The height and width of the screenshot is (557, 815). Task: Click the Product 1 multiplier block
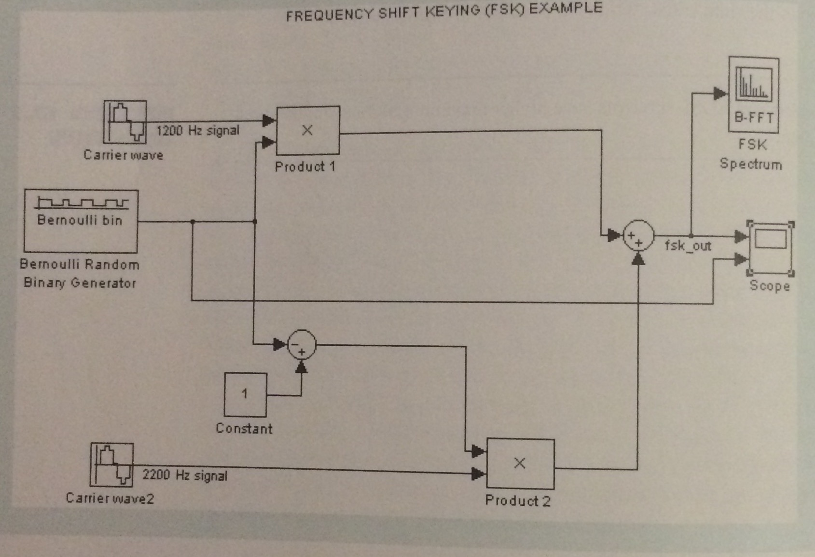click(x=308, y=130)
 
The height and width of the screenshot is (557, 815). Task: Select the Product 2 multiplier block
click(x=520, y=463)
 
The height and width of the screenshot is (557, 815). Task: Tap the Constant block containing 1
click(x=245, y=394)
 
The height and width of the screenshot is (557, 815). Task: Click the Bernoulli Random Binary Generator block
click(x=81, y=221)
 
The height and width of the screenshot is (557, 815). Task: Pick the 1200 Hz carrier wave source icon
click(x=125, y=122)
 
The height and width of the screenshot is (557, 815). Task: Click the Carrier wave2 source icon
click(x=112, y=465)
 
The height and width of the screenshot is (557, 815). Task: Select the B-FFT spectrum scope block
click(x=753, y=95)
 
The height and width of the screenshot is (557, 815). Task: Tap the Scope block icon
click(x=770, y=248)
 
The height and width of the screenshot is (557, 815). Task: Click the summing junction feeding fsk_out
click(x=638, y=236)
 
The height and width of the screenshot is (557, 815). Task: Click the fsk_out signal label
click(x=688, y=246)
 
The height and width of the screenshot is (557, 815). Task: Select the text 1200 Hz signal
click(x=198, y=131)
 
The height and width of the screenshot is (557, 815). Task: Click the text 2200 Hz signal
click(x=185, y=475)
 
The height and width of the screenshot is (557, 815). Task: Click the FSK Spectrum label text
click(x=751, y=154)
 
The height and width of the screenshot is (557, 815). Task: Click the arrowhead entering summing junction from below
click(x=638, y=259)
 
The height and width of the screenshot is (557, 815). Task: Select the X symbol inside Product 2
click(x=520, y=463)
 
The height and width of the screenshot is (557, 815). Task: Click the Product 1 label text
click(x=305, y=167)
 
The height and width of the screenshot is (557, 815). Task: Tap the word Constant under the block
click(x=244, y=428)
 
